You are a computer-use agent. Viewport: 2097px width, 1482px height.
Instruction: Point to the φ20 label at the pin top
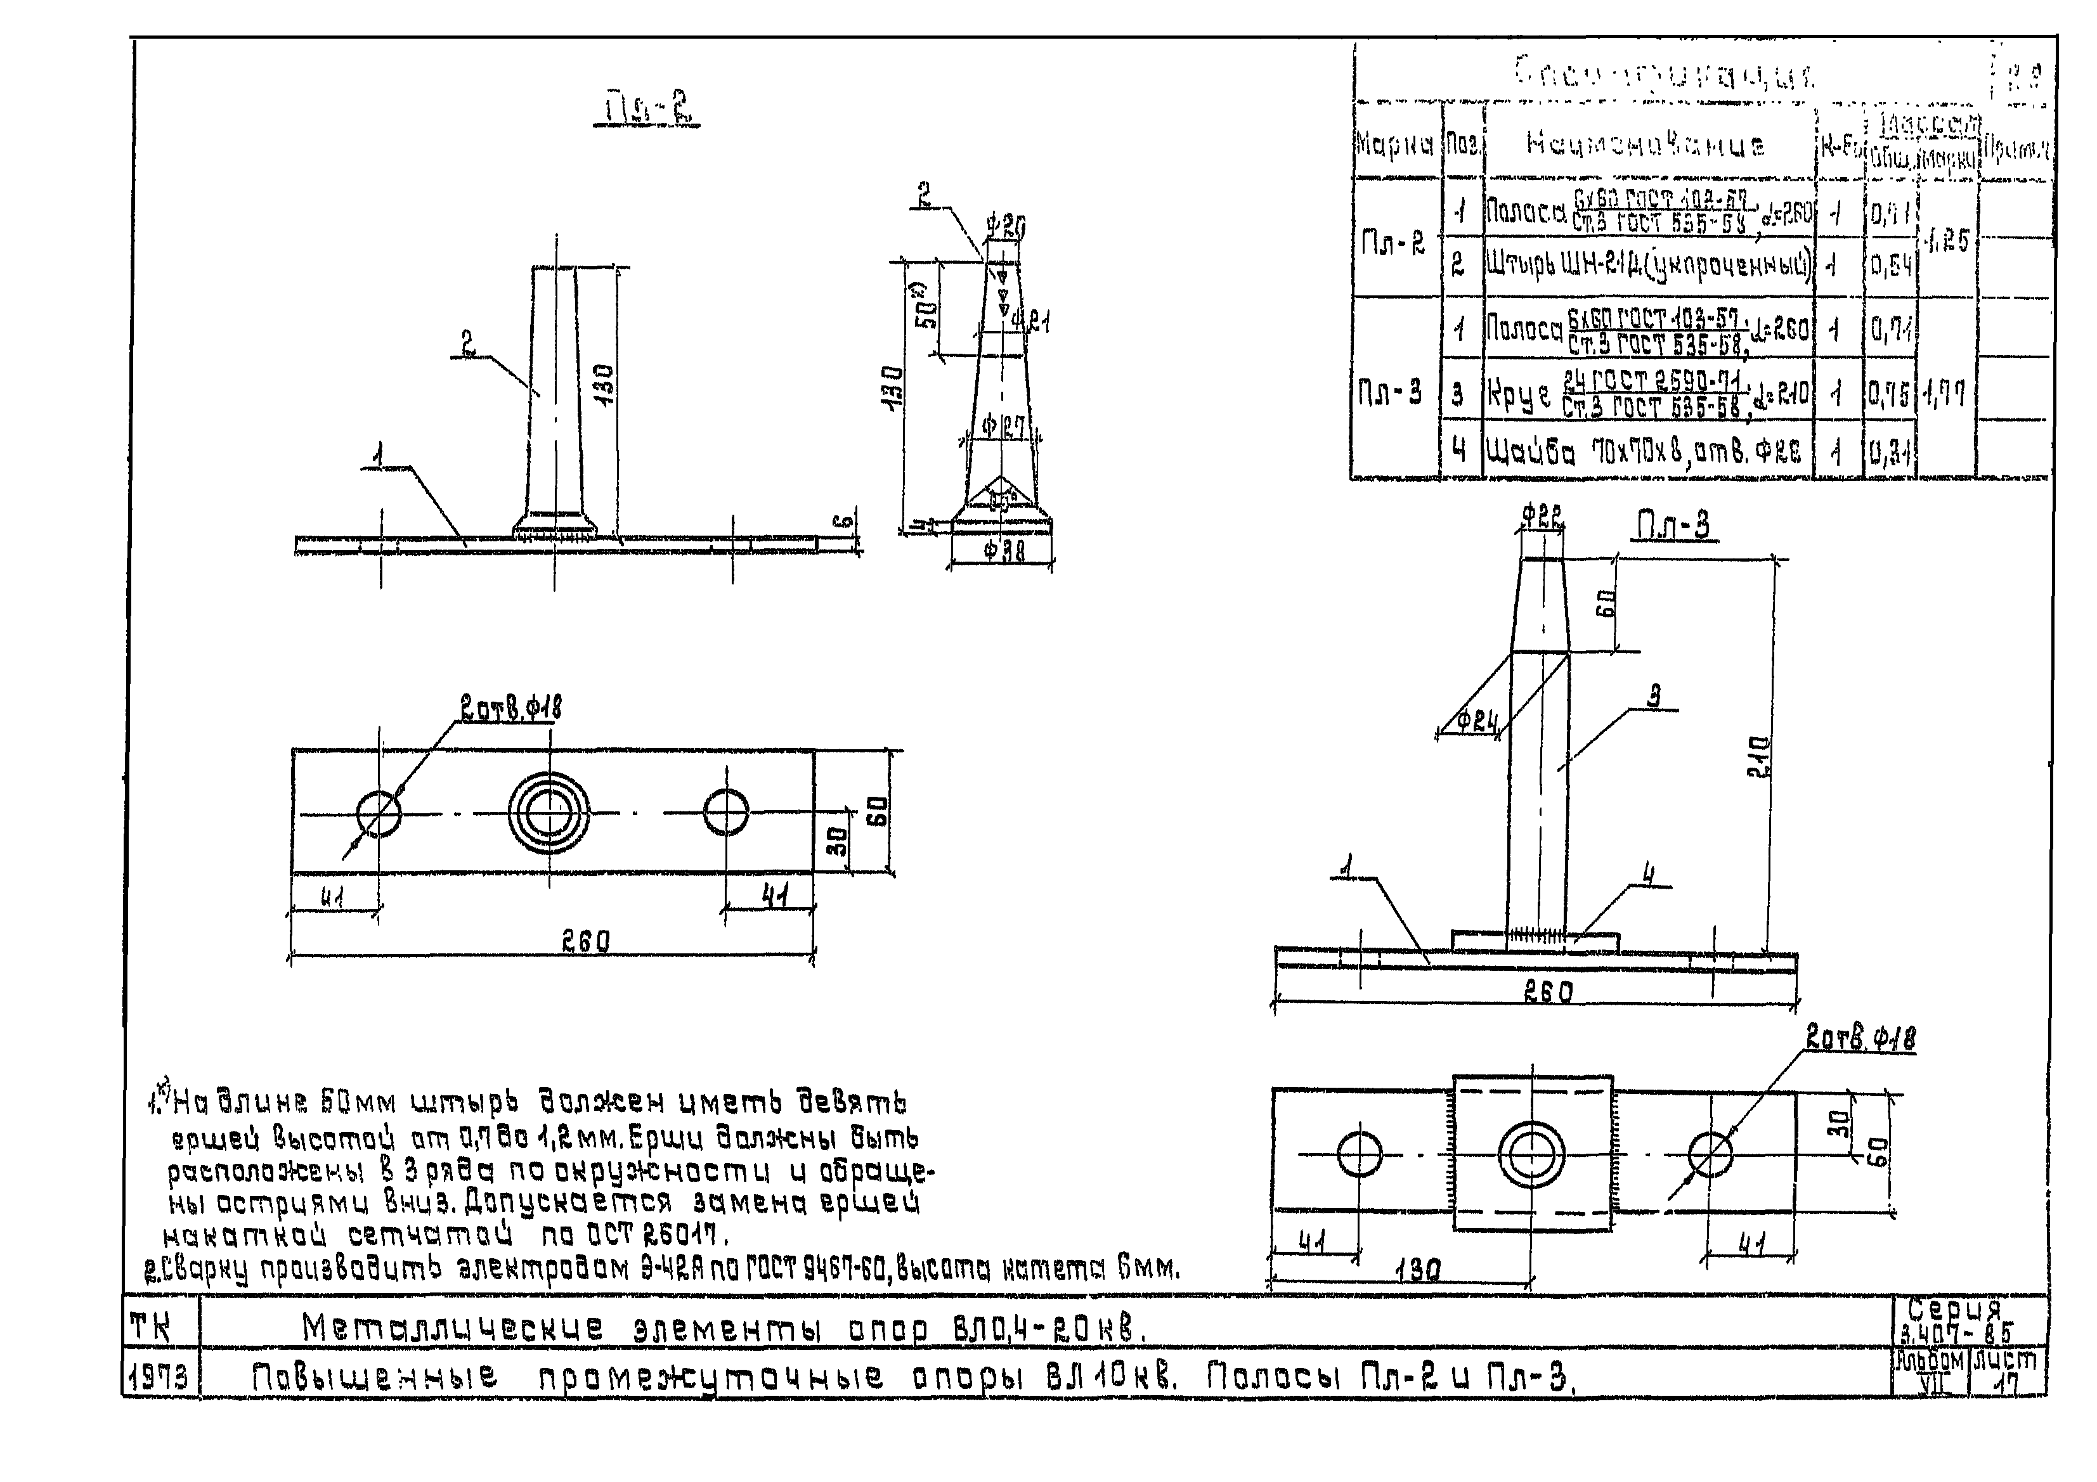point(1006,226)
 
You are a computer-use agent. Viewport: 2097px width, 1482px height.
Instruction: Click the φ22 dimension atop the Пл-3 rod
point(1543,516)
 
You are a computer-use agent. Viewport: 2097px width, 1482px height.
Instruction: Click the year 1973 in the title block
point(160,1377)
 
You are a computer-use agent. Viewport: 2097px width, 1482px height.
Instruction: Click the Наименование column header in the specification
point(1645,145)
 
